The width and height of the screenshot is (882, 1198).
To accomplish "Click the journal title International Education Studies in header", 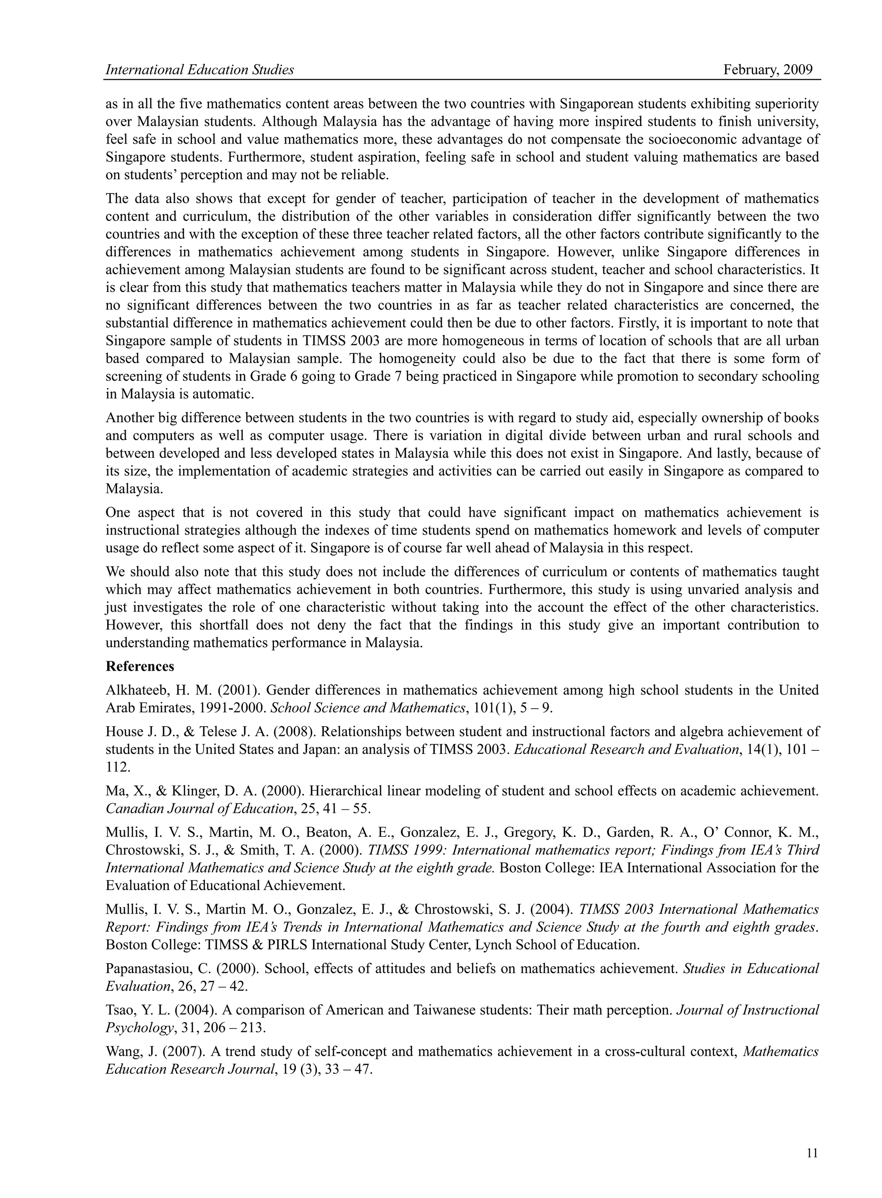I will [200, 70].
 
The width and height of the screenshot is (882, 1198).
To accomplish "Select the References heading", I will [140, 666].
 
